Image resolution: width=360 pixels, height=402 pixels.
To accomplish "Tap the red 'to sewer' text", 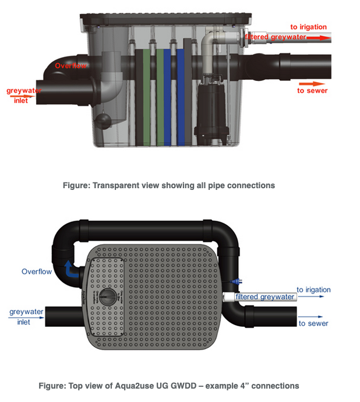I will [x=312, y=90].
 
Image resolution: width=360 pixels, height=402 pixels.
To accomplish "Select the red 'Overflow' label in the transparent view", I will [x=70, y=66].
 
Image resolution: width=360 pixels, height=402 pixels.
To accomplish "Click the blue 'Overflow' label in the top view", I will [x=37, y=271].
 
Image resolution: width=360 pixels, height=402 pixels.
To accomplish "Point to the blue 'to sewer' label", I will [x=313, y=323].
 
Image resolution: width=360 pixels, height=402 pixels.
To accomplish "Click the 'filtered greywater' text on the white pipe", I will [x=265, y=297].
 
